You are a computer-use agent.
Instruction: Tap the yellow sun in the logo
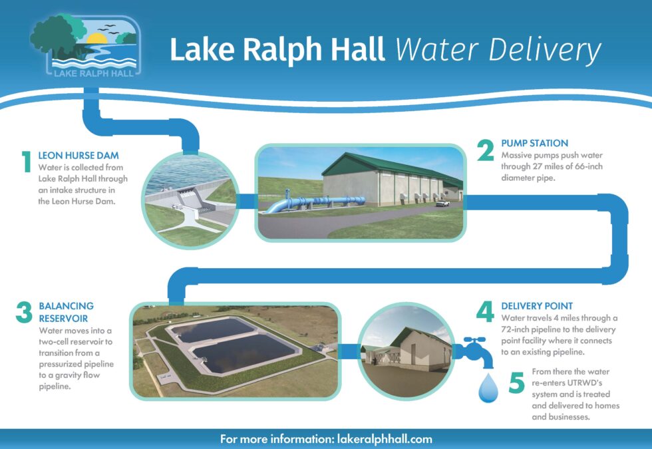[96, 39]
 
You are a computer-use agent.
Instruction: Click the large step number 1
[27, 163]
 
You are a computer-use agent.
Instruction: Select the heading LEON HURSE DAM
[79, 156]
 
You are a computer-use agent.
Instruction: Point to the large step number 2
[486, 152]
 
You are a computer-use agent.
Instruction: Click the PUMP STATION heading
[534, 143]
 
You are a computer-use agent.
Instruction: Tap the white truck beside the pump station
[442, 203]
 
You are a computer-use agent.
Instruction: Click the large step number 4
[485, 313]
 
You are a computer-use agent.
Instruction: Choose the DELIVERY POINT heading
[537, 306]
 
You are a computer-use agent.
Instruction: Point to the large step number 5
[518, 384]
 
